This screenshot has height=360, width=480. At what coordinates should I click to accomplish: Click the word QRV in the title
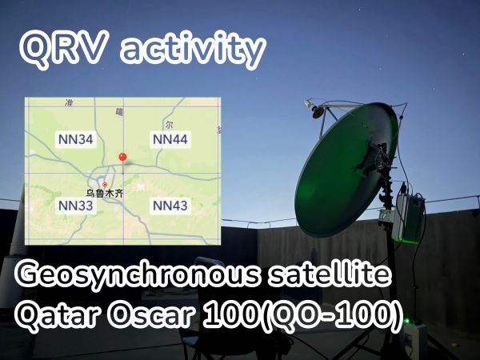click(64, 49)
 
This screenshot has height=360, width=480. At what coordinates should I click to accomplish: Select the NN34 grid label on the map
click(76, 139)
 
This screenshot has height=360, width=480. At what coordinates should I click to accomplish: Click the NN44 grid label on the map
click(170, 139)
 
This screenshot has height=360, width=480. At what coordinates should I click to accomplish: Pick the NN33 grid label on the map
click(76, 206)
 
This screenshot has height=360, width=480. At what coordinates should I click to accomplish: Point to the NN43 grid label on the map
click(170, 206)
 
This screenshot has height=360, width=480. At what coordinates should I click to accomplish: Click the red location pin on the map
click(122, 157)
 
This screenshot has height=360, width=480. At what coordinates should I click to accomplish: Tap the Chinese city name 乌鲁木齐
click(104, 194)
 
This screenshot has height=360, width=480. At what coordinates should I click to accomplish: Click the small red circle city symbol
click(105, 185)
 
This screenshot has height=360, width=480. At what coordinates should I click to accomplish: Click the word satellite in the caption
click(329, 274)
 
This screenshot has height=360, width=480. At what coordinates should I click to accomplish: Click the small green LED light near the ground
click(407, 321)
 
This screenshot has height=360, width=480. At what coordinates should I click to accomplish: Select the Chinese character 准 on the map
click(69, 102)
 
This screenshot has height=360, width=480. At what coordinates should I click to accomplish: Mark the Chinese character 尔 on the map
click(169, 125)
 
